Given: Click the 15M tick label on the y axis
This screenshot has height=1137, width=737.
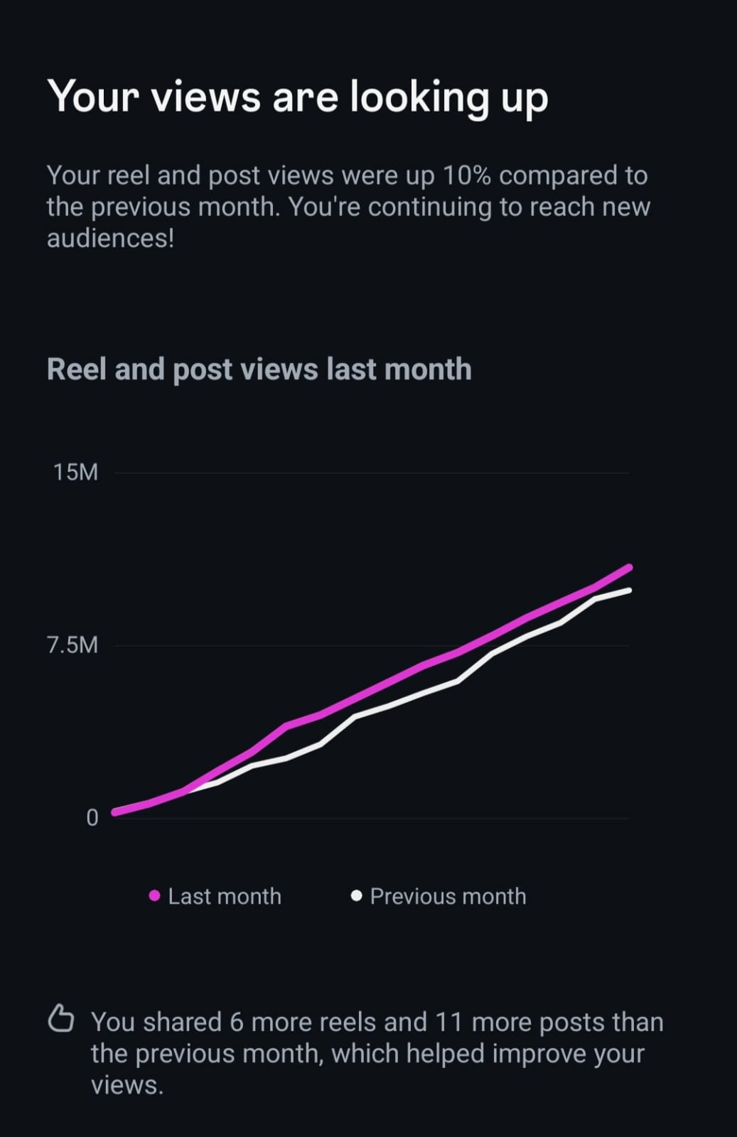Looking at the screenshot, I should click(75, 472).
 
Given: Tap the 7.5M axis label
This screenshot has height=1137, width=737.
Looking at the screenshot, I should click(72, 645).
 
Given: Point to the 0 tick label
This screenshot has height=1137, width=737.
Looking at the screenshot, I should click(92, 818).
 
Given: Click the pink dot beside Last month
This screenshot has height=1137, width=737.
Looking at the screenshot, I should click(154, 896).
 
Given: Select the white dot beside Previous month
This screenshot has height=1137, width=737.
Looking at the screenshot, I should click(357, 895).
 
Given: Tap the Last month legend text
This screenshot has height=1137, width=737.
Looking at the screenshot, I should click(225, 896).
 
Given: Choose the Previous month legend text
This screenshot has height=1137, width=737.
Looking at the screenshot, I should click(448, 896).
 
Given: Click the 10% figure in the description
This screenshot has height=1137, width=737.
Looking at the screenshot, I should click(466, 176).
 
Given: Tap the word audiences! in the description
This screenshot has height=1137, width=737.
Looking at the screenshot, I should click(110, 238).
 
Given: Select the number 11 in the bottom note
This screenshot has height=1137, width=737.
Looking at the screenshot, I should click(448, 1022).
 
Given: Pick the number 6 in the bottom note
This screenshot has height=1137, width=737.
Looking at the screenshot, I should click(237, 1022).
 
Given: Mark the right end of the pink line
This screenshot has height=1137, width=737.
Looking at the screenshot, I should click(629, 567).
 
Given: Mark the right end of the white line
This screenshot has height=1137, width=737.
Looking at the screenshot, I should click(629, 591).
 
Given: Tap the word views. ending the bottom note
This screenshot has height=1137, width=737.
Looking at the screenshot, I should click(127, 1085).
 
